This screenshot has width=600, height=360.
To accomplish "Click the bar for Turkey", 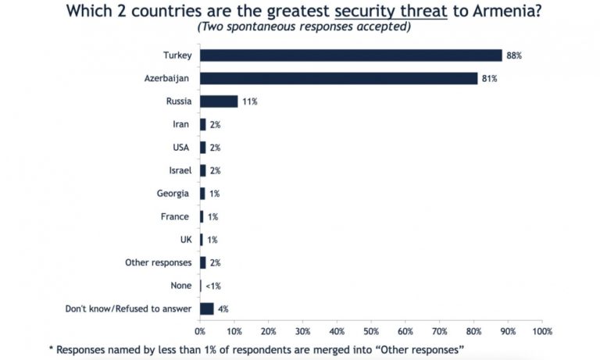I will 351,55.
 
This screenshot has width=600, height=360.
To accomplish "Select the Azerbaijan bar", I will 338,78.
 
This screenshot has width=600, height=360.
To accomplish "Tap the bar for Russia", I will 219,102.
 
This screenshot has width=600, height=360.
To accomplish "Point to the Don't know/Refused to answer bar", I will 207,308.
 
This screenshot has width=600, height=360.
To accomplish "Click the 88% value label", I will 513,55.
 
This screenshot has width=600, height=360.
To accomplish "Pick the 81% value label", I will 489,78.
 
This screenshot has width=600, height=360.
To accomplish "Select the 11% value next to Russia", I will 249,102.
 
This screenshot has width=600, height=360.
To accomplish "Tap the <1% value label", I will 212,286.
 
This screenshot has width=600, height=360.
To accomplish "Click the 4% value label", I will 223,308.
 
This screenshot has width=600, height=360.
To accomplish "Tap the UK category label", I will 185,240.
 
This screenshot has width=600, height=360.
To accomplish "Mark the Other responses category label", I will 158,262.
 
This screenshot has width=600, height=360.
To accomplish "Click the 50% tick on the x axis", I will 371,332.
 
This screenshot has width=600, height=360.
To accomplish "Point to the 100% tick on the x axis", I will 541,332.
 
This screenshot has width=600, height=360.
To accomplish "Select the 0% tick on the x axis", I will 200,332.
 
